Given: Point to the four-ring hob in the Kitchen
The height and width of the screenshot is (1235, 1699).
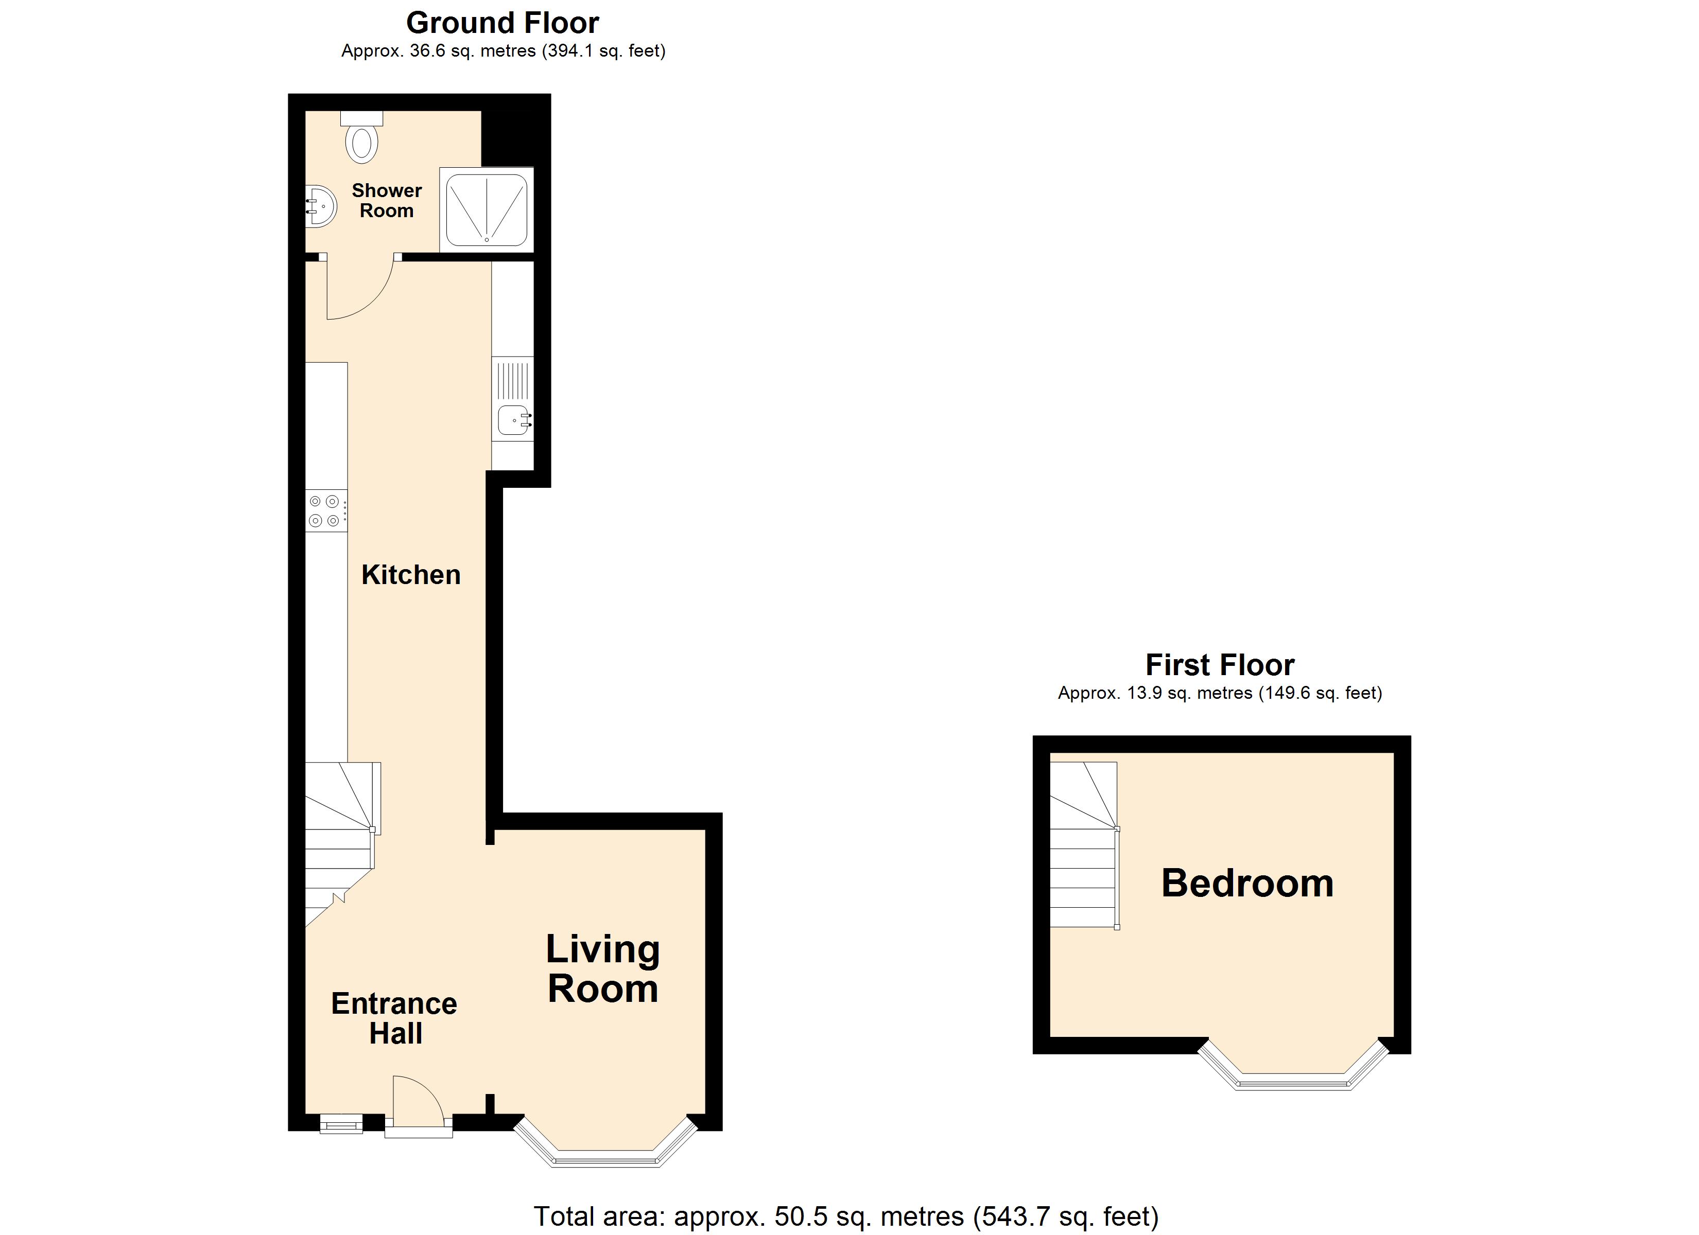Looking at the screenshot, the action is click(x=326, y=511).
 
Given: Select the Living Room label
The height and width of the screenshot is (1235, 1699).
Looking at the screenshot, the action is click(x=603, y=968).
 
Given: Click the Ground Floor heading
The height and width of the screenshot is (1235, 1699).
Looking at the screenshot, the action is click(x=502, y=23).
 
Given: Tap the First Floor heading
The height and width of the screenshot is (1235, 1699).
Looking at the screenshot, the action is click(x=1220, y=664).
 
